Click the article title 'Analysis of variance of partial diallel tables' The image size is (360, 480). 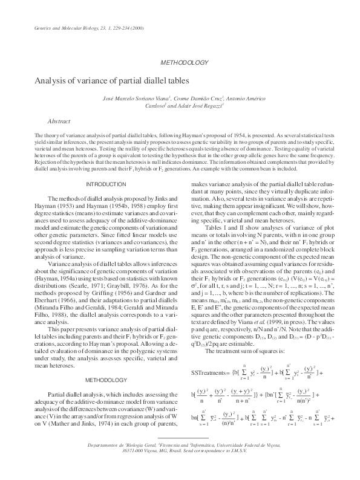[x=111, y=80]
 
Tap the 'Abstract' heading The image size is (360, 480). [x=58, y=121]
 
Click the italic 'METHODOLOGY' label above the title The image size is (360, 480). [x=186, y=63]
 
